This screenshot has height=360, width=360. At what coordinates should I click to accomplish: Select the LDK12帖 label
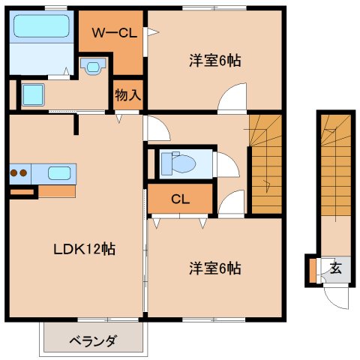(84, 248)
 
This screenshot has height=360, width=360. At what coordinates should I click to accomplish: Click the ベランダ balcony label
(93, 341)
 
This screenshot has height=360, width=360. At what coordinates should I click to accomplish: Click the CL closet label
(179, 199)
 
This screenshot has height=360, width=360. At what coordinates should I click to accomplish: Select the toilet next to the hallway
(178, 163)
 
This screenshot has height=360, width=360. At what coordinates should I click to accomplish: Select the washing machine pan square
(32, 95)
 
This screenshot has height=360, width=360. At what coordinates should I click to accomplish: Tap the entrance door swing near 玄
(334, 296)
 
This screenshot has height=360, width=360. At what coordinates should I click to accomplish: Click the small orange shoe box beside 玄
(310, 271)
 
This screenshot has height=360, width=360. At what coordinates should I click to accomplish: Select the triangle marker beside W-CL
(152, 32)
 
